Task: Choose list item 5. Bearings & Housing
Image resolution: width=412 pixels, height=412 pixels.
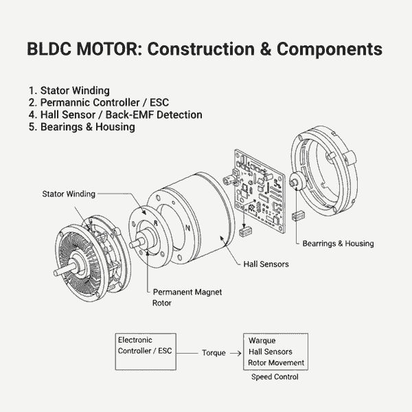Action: (82, 127)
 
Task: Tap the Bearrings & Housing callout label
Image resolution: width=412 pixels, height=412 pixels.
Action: (338, 243)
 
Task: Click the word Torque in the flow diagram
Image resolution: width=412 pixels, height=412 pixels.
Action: (214, 352)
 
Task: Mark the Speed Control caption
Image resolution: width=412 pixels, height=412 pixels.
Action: (275, 376)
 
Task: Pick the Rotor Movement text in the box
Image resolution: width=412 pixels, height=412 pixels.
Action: (276, 363)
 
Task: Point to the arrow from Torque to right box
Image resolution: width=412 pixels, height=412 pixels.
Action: (236, 352)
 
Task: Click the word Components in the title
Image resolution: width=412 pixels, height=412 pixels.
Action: (325, 50)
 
